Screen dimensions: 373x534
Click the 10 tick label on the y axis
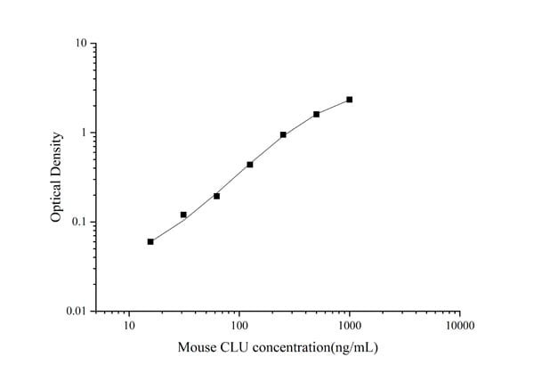point(80,44)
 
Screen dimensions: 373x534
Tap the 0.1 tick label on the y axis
point(78,222)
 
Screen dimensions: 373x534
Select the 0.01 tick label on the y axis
point(76,311)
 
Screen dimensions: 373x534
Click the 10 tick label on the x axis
point(129,326)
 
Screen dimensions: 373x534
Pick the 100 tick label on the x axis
point(239,326)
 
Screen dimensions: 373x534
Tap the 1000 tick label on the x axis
point(350,326)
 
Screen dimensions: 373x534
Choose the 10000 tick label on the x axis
point(459,326)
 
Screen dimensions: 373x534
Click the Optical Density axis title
point(56,177)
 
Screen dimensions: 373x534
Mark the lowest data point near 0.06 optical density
point(150,241)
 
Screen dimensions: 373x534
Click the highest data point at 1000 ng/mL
point(350,100)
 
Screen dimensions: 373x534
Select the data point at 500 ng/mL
point(316,114)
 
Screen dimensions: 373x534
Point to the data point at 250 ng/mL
point(283,134)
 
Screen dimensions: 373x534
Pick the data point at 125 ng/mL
point(250,165)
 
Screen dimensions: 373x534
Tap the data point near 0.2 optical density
point(216,196)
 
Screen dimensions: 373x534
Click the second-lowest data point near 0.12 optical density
point(183,215)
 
